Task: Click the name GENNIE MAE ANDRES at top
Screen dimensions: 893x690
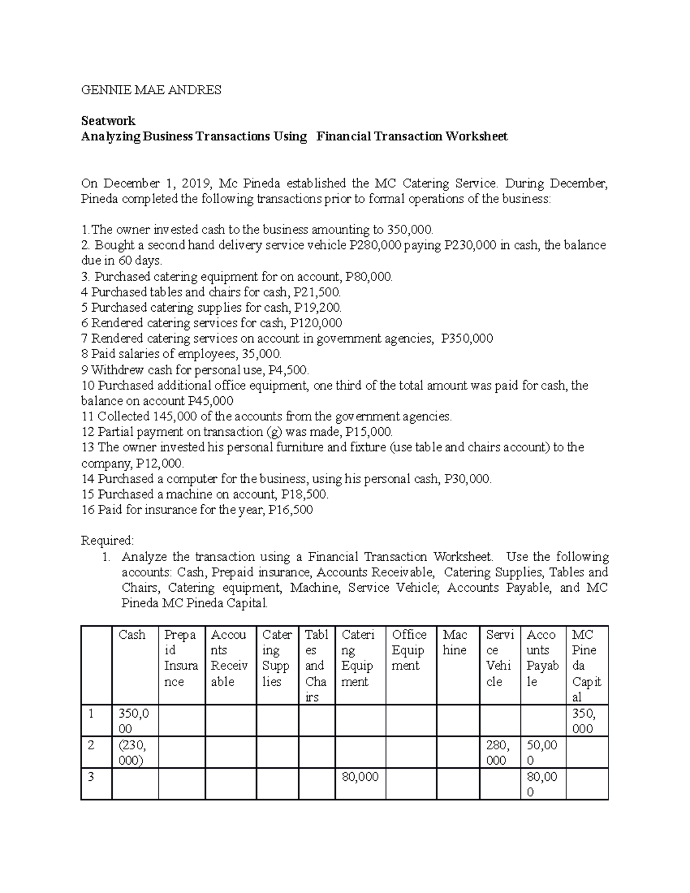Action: pyautogui.click(x=151, y=90)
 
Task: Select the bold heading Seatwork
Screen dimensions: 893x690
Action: pyautogui.click(x=108, y=121)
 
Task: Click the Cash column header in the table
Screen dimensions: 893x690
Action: pyautogui.click(x=132, y=635)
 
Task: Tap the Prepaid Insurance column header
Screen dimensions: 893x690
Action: pyautogui.click(x=181, y=658)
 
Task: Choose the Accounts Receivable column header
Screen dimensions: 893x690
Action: pyautogui.click(x=229, y=658)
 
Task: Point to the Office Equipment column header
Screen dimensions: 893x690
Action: pyautogui.click(x=409, y=650)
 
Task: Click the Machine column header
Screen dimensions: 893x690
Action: pyautogui.click(x=455, y=643)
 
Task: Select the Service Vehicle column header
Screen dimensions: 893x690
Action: pyautogui.click(x=498, y=658)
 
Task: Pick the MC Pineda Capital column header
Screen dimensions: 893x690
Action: pyautogui.click(x=586, y=666)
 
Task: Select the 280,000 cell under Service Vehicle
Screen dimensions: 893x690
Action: pyautogui.click(x=497, y=753)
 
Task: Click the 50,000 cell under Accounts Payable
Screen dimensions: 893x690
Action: pyautogui.click(x=542, y=753)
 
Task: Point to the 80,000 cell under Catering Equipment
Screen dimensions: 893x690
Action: pyautogui.click(x=360, y=777)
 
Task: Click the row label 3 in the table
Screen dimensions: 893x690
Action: pyautogui.click(x=90, y=777)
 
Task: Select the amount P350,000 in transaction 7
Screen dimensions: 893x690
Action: pyautogui.click(x=466, y=339)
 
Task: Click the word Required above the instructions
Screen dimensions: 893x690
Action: pyautogui.click(x=107, y=541)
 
